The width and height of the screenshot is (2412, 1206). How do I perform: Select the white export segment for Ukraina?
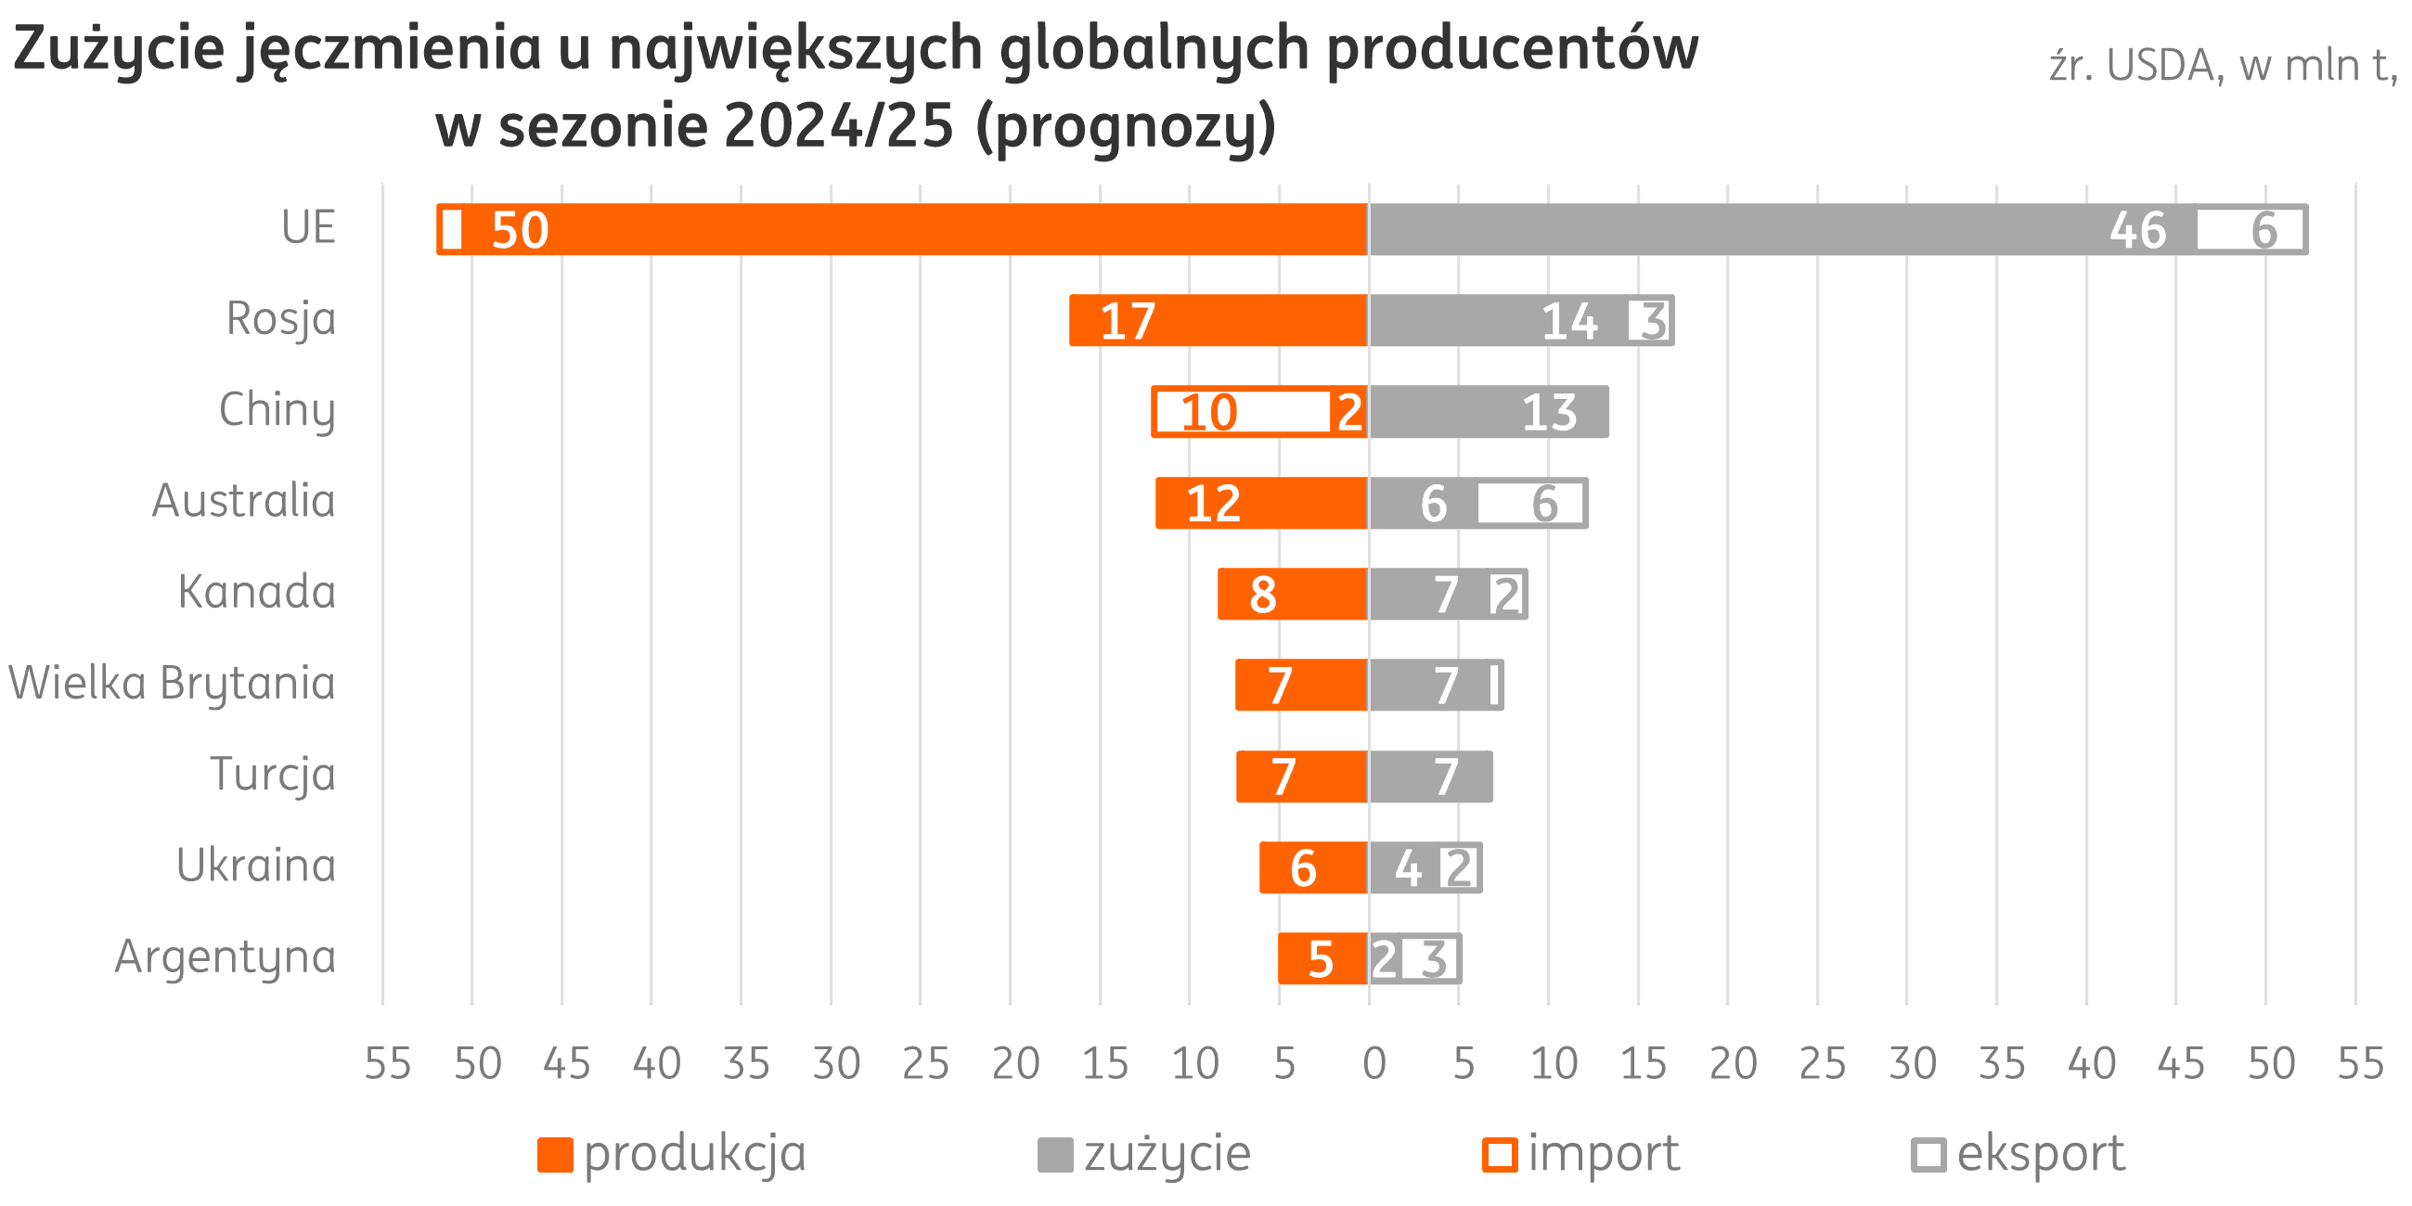click(x=1459, y=868)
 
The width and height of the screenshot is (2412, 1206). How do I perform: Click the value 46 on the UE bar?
click(x=2137, y=230)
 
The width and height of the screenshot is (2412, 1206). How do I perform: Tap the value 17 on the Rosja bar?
click(x=1128, y=321)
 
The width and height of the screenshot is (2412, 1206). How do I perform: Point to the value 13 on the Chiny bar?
click(x=1550, y=412)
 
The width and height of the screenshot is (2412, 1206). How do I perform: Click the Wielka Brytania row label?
click(x=173, y=683)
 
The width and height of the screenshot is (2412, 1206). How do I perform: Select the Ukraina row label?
click(x=255, y=866)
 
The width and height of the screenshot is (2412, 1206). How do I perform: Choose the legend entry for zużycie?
click(x=1144, y=1153)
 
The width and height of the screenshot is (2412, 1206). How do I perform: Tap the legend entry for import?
click(x=1581, y=1153)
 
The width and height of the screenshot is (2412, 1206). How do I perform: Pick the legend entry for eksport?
click(x=2019, y=1153)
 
